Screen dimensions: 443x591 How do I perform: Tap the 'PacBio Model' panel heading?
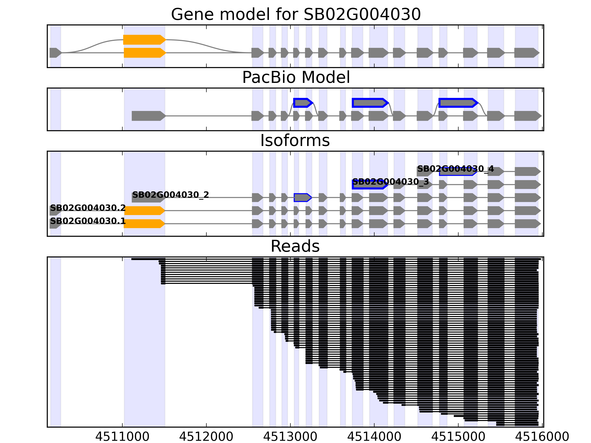point(295,78)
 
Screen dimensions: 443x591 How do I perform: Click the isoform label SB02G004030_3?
point(390,182)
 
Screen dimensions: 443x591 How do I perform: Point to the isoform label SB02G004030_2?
point(170,195)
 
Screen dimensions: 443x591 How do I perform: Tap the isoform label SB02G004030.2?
point(88,208)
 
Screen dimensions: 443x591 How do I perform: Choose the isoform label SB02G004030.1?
point(88,221)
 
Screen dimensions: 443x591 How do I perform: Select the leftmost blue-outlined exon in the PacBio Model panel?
point(303,103)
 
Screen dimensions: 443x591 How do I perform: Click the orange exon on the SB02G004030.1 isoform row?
point(144,224)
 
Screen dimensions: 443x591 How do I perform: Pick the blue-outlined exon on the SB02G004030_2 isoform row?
point(302,198)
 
